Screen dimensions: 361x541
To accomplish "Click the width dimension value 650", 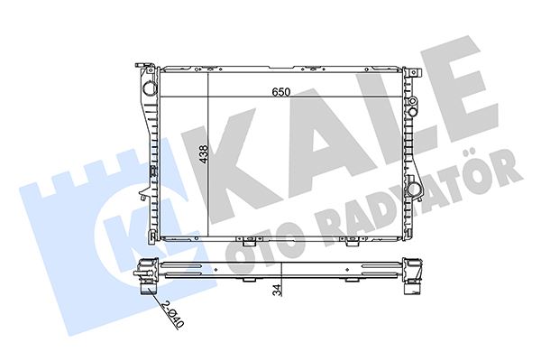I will [282, 89].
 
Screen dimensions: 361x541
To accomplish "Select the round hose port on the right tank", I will [414, 190].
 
